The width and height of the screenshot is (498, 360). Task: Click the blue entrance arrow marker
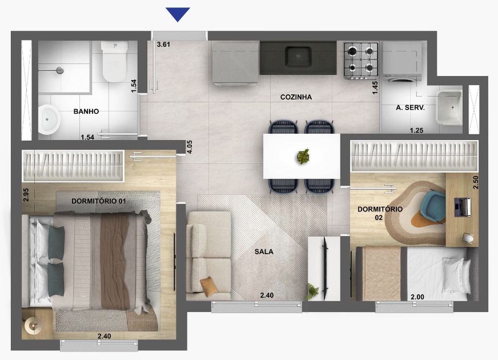(178, 14)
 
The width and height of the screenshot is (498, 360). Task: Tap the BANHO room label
(86, 111)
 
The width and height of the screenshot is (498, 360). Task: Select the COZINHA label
(296, 97)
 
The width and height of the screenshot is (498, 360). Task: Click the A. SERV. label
(410, 108)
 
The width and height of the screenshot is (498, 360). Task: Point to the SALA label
(264, 252)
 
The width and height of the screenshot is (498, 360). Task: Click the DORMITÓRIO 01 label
(99, 201)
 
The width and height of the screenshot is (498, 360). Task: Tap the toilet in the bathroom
(114, 61)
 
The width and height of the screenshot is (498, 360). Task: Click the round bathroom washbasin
(49, 120)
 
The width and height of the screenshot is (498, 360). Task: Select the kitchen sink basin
(298, 56)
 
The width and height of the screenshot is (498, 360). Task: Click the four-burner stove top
(361, 60)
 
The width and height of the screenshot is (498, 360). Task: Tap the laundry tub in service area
(449, 108)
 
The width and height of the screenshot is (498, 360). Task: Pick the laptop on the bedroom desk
(462, 207)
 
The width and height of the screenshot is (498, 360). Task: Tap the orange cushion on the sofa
(209, 284)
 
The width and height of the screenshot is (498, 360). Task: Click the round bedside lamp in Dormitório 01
(33, 325)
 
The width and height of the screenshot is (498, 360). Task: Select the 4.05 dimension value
(190, 147)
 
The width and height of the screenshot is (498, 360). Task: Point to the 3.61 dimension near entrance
(163, 44)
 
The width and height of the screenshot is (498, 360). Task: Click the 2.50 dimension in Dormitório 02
(476, 183)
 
